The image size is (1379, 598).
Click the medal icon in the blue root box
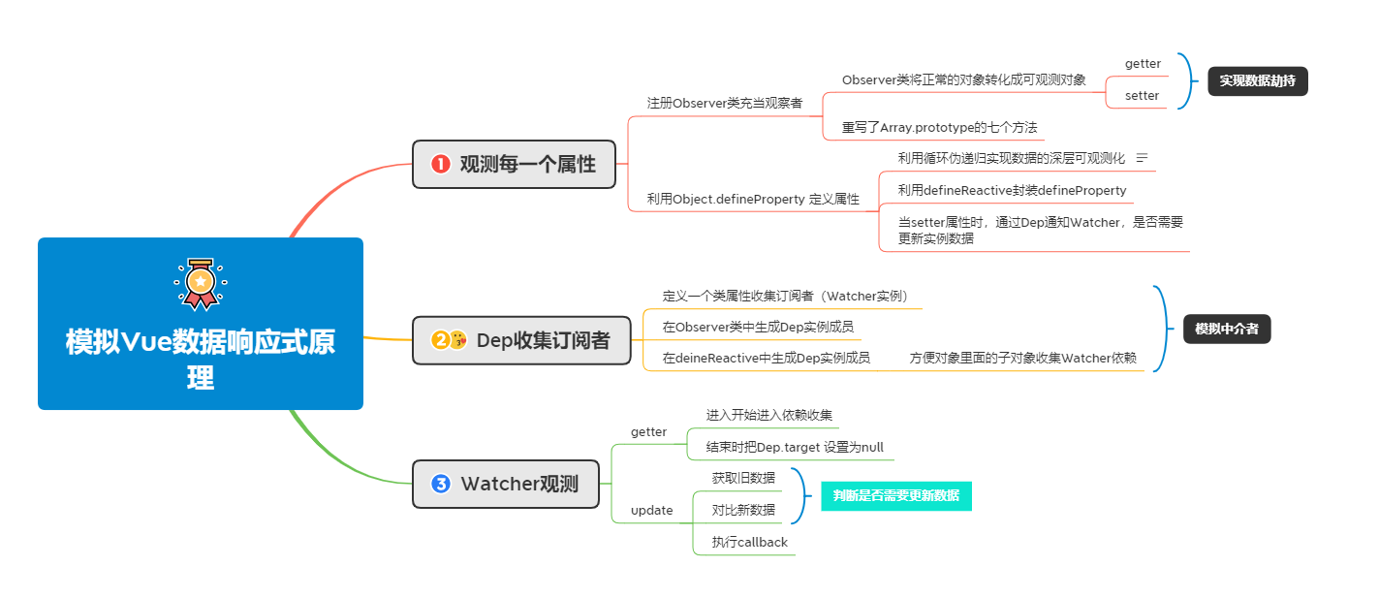pos(200,283)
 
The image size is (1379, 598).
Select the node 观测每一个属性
pos(515,164)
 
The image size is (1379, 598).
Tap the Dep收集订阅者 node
pos(522,340)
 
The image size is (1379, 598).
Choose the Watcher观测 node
pos(505,484)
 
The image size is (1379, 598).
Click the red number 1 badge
pos(441,165)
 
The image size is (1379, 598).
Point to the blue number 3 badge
pos(441,484)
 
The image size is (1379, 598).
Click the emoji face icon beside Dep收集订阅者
pos(458,340)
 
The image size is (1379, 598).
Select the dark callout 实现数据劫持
pos(1257,81)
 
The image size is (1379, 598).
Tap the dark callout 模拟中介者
pos(1226,330)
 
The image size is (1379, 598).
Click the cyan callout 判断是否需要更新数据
pos(895,496)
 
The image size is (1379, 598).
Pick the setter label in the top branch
pos(1142,96)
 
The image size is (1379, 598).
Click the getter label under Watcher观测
pos(648,432)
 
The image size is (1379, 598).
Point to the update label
pos(651,511)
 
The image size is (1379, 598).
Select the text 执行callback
pos(749,543)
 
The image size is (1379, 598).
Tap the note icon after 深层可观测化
pos(1142,158)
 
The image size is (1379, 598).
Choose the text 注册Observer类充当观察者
pos(724,103)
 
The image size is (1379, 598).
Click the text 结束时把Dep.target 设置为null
pos(794,448)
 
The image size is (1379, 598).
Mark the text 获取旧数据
pos(743,478)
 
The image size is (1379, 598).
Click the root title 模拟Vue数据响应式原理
pos(201,359)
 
